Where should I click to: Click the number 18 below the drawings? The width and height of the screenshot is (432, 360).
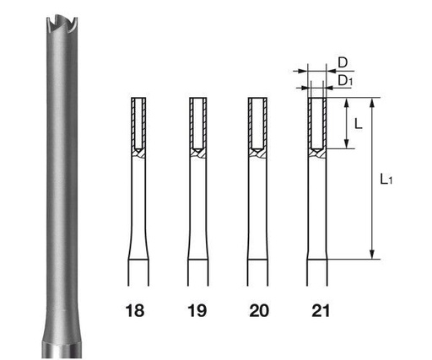pyautogui.click(x=137, y=309)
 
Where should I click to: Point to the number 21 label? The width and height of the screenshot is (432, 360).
pyautogui.click(x=319, y=309)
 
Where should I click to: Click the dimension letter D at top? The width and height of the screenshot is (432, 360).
pyautogui.click(x=343, y=62)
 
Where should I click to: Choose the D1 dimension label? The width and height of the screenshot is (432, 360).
pyautogui.click(x=344, y=79)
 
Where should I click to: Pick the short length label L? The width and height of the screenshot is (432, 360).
pyautogui.click(x=359, y=124)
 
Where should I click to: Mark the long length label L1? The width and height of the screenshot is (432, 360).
pyautogui.click(x=385, y=180)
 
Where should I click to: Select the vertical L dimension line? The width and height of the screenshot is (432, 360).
pyautogui.click(x=347, y=124)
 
